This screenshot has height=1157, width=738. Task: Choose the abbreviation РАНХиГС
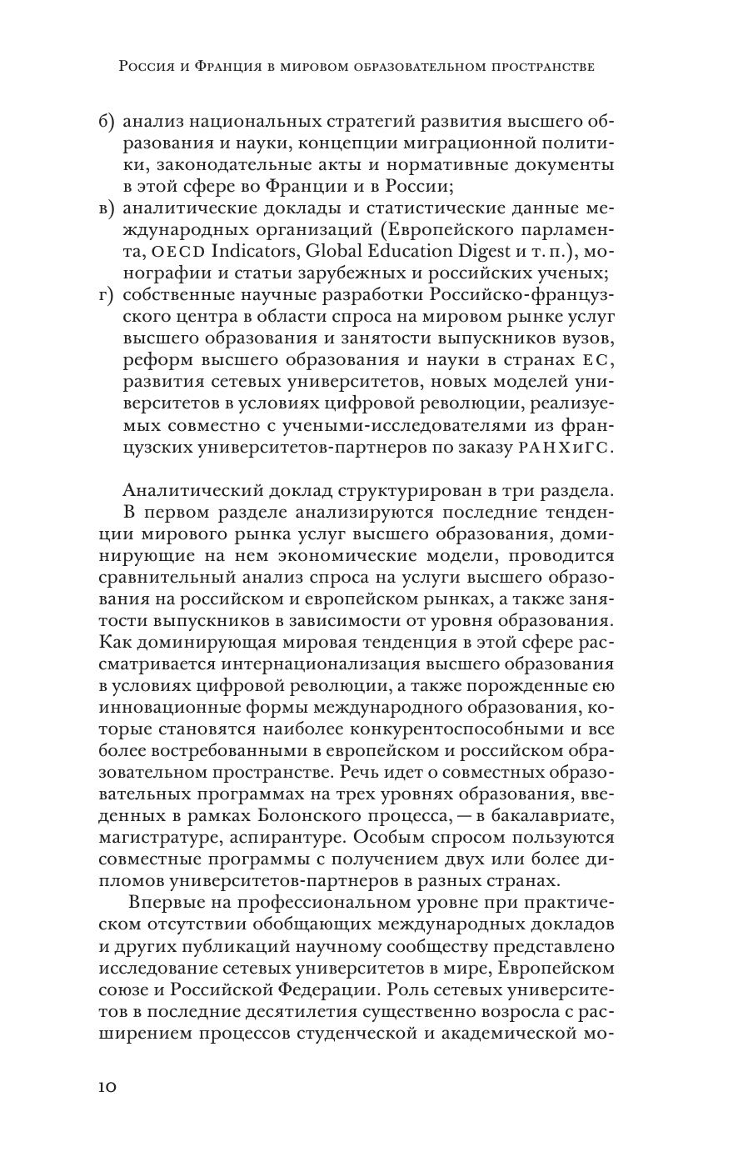[566, 448]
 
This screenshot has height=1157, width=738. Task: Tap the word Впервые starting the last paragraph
[167, 903]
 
